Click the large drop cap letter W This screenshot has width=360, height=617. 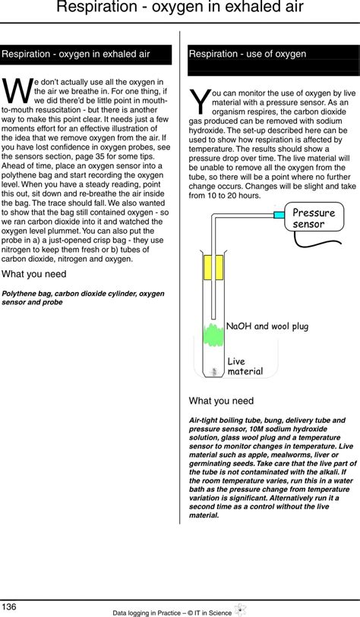[18, 91]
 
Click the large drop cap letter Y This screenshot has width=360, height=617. [199, 103]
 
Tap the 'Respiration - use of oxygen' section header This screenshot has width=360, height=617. [248, 54]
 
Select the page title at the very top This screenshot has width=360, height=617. [180, 9]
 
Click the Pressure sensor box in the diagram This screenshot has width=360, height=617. [314, 219]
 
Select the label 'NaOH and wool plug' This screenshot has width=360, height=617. [267, 326]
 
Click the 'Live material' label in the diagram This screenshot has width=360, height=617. [245, 367]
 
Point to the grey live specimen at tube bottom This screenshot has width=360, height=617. [215, 371]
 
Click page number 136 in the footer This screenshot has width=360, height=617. [10, 606]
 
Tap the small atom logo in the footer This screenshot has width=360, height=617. [241, 609]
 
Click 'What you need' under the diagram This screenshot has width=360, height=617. [221, 401]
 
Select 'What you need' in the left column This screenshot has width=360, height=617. [34, 274]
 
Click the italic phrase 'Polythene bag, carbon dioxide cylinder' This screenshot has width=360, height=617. [72, 293]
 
